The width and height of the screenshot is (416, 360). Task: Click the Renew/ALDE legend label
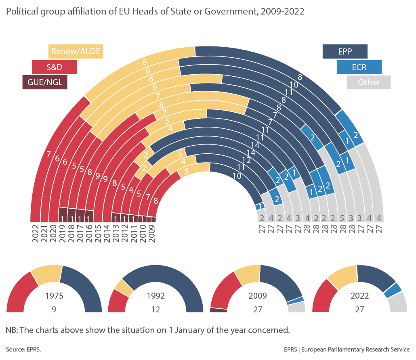point(75,51)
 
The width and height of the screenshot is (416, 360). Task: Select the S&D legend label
point(54,67)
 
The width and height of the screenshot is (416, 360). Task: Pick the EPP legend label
point(345,52)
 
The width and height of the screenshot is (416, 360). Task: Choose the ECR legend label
point(359,67)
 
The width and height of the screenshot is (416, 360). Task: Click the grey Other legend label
point(368,82)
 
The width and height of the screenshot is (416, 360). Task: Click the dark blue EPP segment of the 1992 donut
point(178,278)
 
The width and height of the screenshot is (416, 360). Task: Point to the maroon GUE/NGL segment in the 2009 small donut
point(219,310)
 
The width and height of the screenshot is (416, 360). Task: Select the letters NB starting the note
point(11,330)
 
